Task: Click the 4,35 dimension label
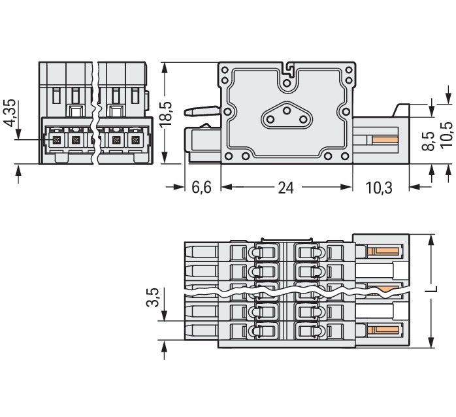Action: point(10,119)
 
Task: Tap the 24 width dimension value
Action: point(285,188)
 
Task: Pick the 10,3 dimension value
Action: point(380,188)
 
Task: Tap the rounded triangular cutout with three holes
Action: point(287,120)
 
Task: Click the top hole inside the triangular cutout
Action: point(287,112)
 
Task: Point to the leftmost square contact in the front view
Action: point(56,140)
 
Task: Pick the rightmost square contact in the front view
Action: point(135,140)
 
